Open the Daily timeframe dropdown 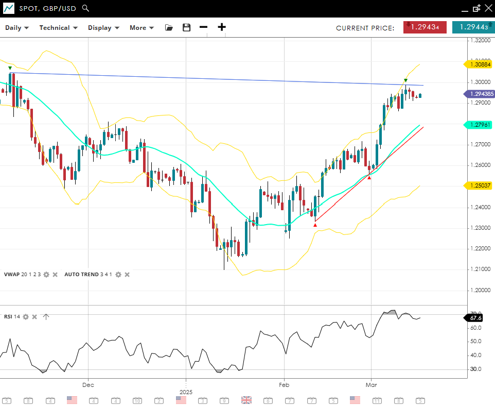click(17, 28)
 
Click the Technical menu click(58, 28)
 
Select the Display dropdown click(103, 28)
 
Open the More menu click(142, 28)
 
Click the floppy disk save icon click(186, 28)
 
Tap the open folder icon click(169, 28)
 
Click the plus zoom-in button click(222, 27)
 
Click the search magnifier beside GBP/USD click(85, 8)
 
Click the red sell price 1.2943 click(425, 27)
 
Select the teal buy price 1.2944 click(473, 27)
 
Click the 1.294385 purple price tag click(481, 94)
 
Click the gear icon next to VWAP click(46, 275)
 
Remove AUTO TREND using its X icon click(127, 275)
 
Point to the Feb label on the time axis click(284, 384)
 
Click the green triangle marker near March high click(405, 80)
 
